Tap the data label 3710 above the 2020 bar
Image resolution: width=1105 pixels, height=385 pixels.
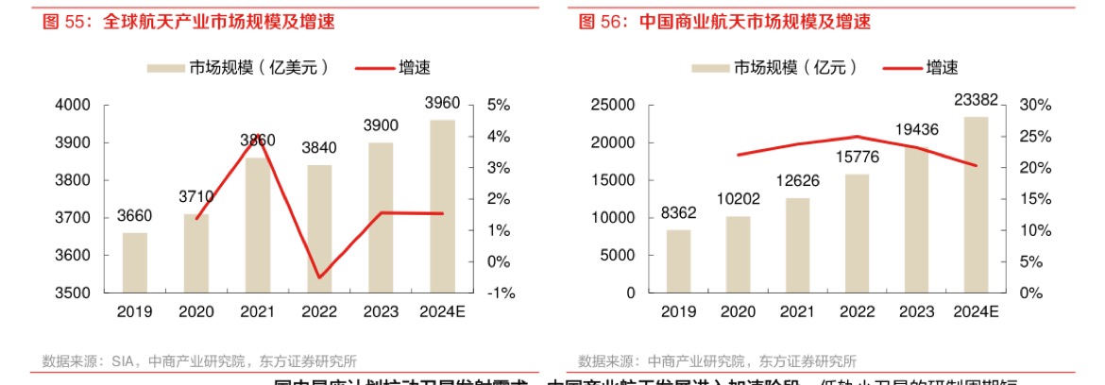(x=195, y=196)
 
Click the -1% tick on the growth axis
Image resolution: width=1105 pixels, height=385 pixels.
(x=501, y=293)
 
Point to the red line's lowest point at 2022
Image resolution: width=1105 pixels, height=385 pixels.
(x=319, y=277)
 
